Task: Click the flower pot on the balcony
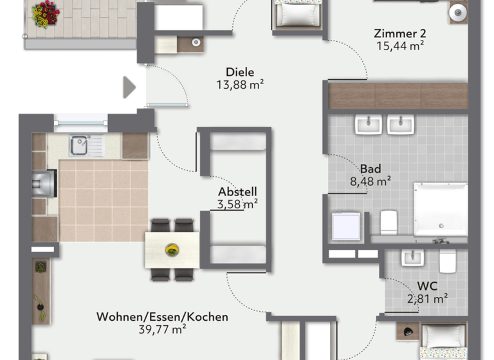(46, 14)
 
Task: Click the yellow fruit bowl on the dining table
(172, 249)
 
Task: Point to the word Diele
(241, 72)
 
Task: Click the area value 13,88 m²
(241, 84)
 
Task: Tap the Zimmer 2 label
(400, 33)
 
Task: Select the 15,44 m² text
(400, 46)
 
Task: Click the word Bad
(370, 169)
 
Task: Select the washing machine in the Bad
(345, 226)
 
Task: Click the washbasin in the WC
(411, 258)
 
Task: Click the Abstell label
(237, 192)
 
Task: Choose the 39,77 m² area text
(162, 329)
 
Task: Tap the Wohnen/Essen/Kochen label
(162, 317)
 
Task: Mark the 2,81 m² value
(428, 298)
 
